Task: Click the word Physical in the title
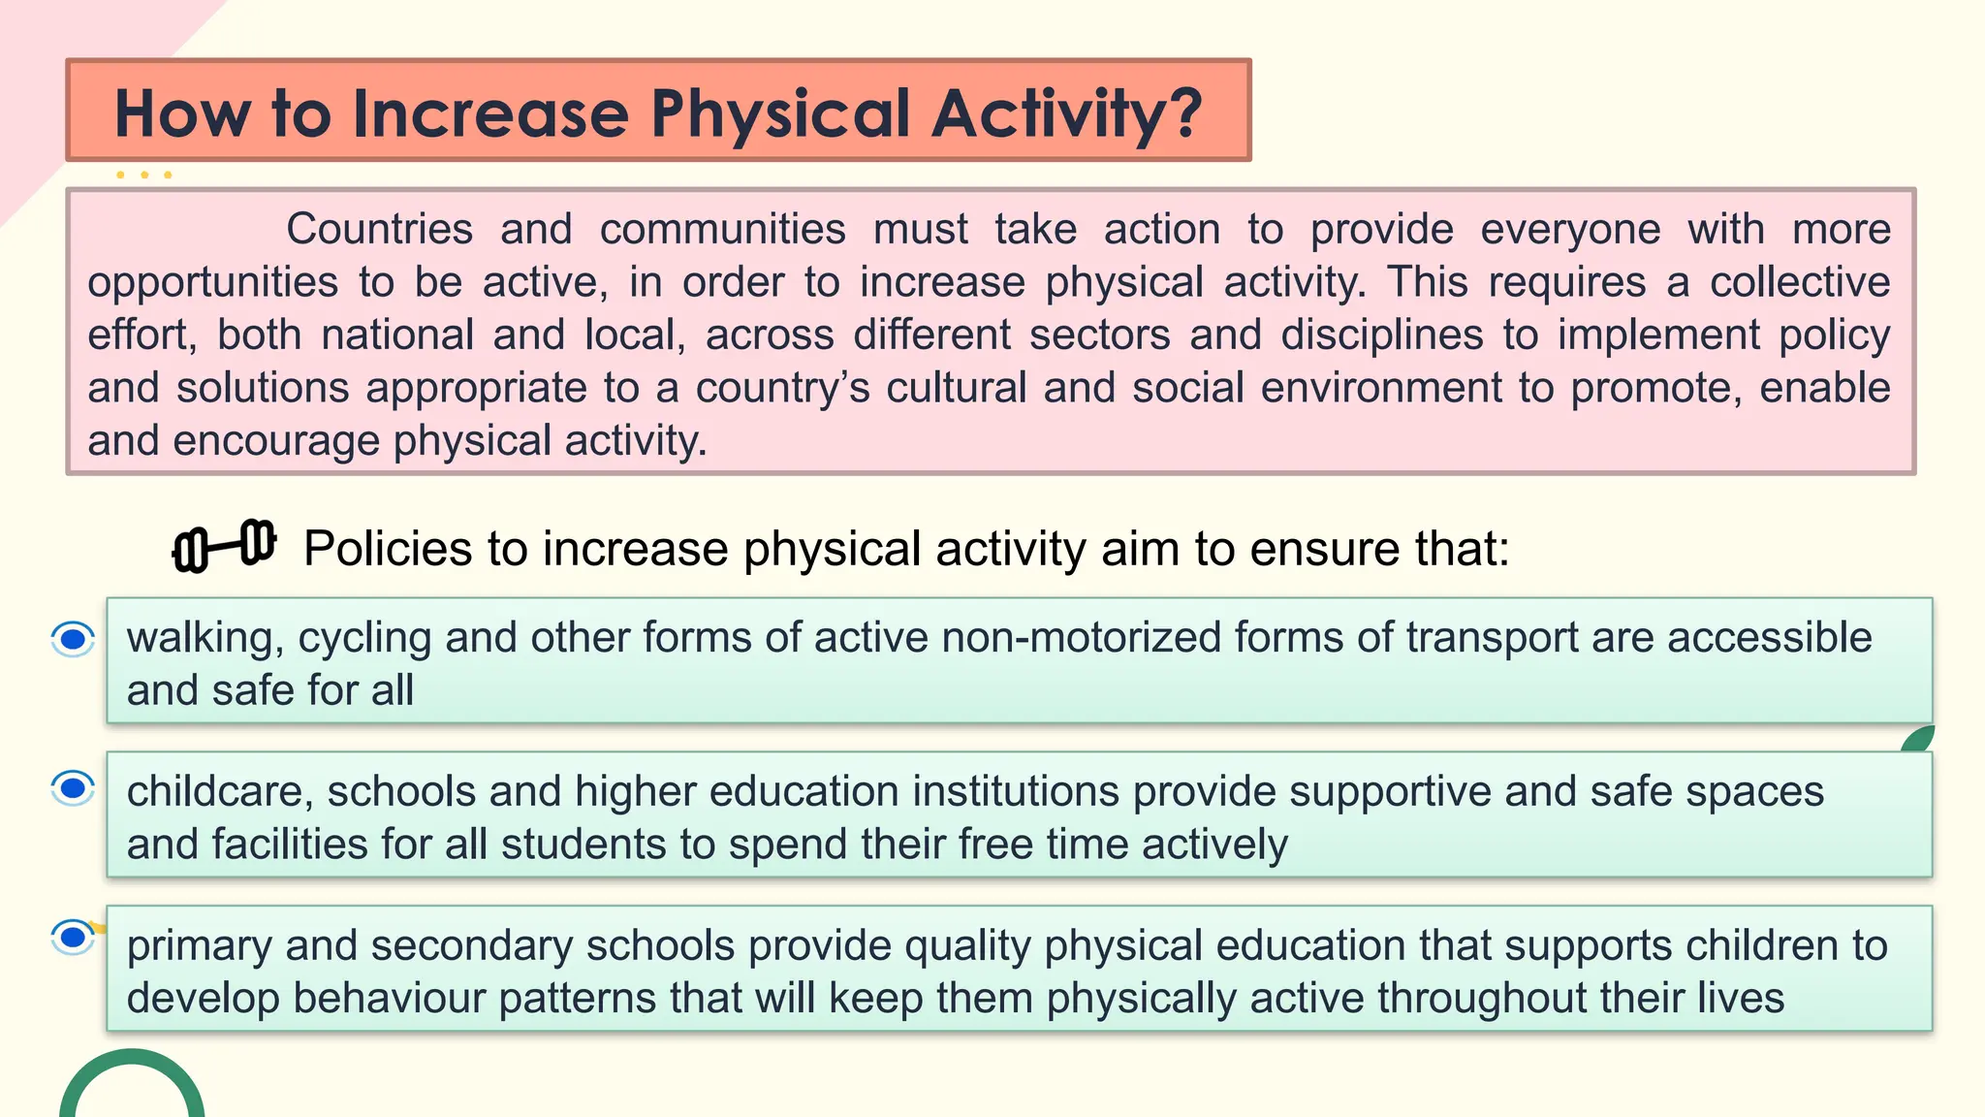(780, 114)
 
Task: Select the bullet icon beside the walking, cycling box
(73, 639)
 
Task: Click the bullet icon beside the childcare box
(73, 788)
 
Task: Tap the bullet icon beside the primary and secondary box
(73, 937)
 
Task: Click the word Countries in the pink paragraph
(379, 230)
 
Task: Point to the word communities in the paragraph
(722, 230)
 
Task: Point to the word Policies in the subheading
(388, 549)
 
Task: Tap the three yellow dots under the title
(143, 176)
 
